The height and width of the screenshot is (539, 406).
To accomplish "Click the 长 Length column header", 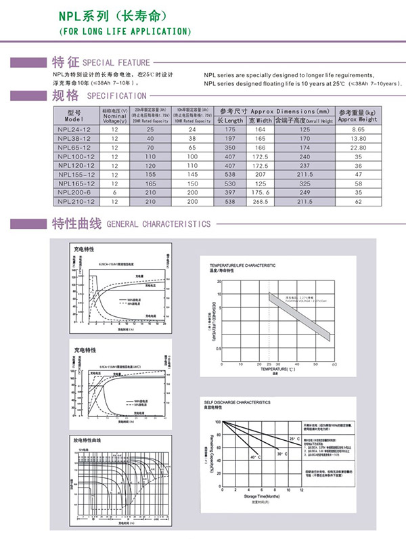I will coord(230,120).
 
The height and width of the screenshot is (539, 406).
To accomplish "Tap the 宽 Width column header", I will coord(260,120).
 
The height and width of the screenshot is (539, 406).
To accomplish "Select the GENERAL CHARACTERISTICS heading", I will coord(158,224).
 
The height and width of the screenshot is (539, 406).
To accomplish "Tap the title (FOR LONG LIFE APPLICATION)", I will coord(125,32).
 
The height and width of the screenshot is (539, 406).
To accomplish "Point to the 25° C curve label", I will coord(294,439).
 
